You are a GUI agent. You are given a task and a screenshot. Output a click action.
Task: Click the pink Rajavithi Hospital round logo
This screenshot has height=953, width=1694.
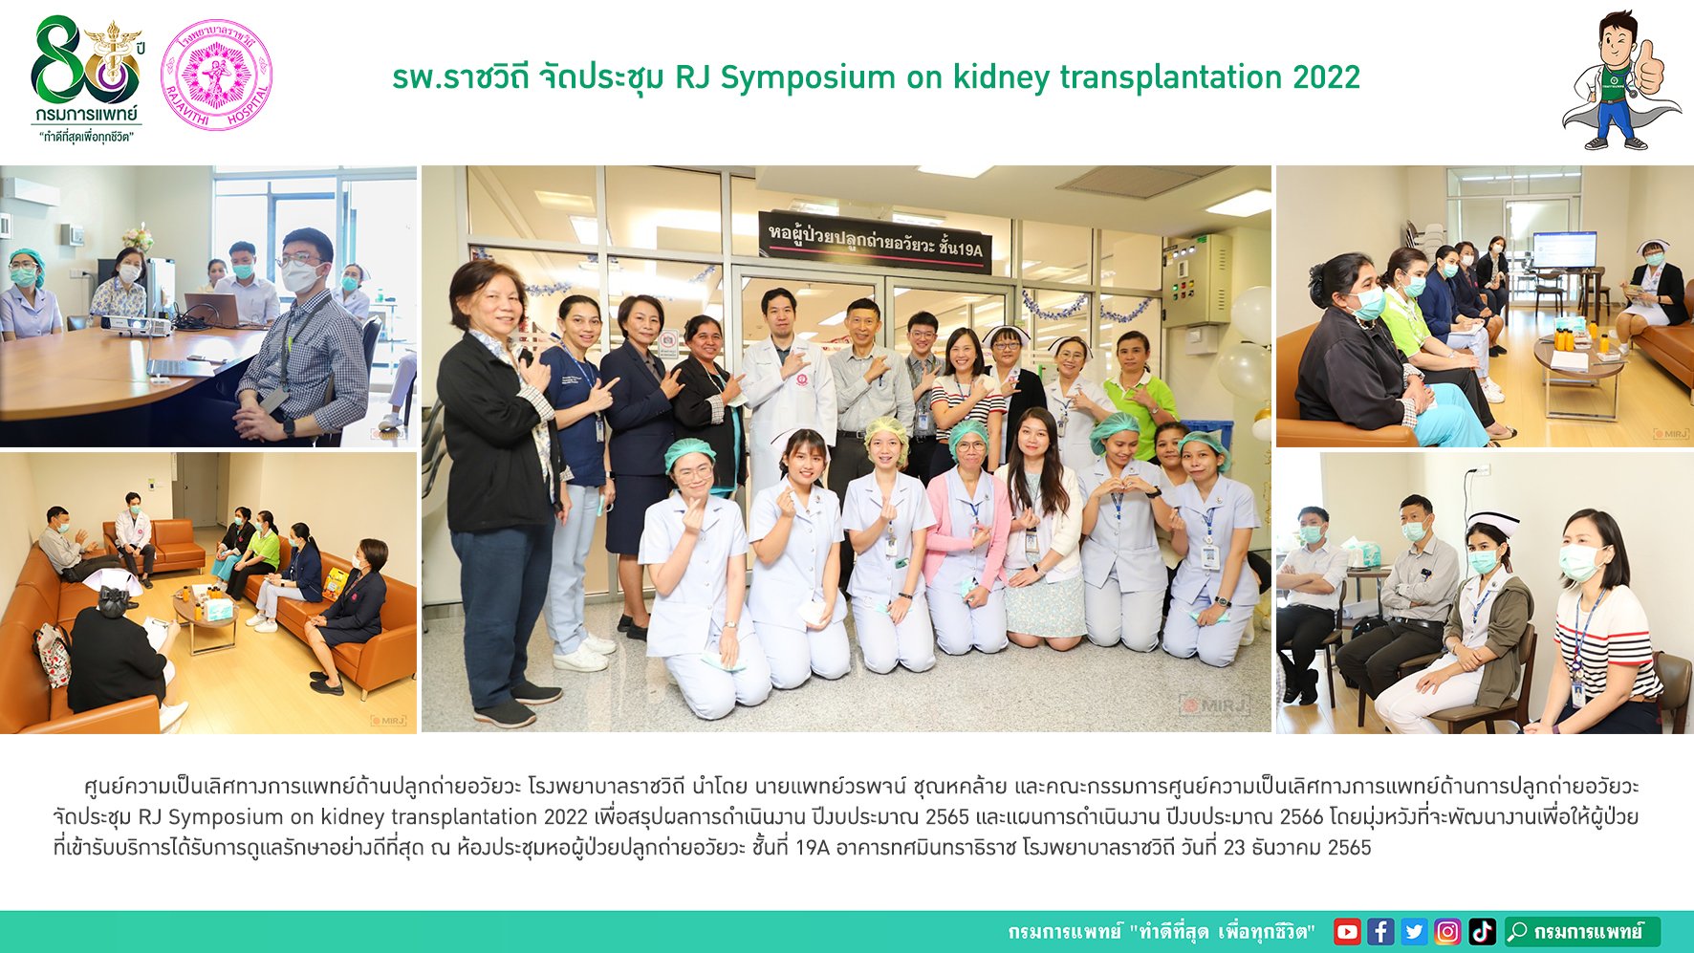pyautogui.click(x=216, y=75)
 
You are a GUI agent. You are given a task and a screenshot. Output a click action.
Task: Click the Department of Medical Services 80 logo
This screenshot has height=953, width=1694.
pyautogui.click(x=87, y=78)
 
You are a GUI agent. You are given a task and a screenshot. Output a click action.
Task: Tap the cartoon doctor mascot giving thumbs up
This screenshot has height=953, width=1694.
pyautogui.click(x=1621, y=80)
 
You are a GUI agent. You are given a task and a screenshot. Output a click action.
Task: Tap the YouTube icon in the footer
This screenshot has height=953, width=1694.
pyautogui.click(x=1347, y=931)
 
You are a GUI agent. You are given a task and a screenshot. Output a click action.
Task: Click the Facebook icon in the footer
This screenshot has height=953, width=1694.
pyautogui.click(x=1380, y=931)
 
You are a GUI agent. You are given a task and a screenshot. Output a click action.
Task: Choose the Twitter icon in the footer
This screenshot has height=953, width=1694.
pyautogui.click(x=1414, y=931)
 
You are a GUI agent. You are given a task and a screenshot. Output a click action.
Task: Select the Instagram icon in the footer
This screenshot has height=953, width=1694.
pyautogui.click(x=1447, y=931)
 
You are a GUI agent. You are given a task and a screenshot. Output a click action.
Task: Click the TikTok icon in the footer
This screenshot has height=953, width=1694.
pyautogui.click(x=1482, y=931)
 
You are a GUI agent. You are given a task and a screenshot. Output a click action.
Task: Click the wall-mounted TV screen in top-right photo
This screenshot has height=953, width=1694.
pyautogui.click(x=1564, y=249)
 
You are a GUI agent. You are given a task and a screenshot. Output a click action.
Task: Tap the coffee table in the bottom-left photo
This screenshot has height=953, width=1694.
pyautogui.click(x=206, y=616)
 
